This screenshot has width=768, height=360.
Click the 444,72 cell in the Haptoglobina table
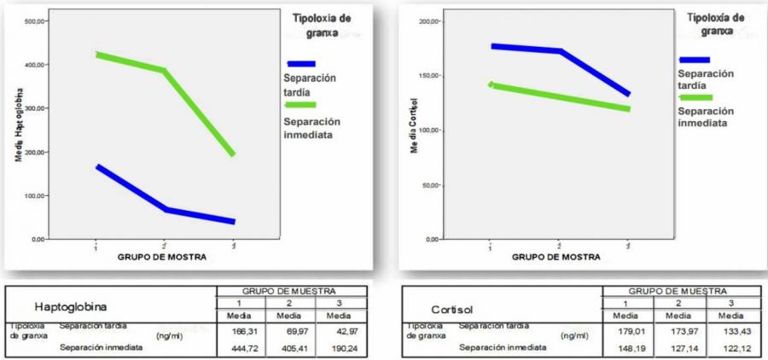point(241,347)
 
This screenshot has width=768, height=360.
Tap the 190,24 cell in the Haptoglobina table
point(340,347)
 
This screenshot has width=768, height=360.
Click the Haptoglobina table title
point(70,305)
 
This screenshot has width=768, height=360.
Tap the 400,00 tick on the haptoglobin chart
point(33,65)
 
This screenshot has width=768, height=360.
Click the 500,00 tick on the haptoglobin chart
point(33,20)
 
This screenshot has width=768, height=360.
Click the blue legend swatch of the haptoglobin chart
point(301,63)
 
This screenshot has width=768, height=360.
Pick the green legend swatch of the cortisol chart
point(695,98)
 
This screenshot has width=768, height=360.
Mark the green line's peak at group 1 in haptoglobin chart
point(99,55)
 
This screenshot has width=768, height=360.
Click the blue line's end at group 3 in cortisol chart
point(628,94)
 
